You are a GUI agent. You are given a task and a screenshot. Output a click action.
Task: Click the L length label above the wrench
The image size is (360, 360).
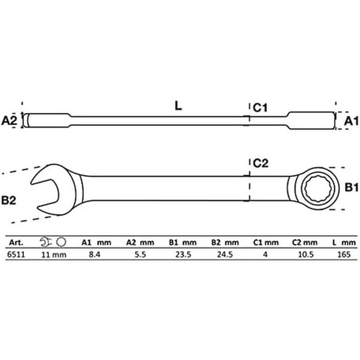pyautogui.click(x=178, y=106)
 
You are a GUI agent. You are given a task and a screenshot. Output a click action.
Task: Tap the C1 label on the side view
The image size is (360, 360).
pyautogui.click(x=260, y=108)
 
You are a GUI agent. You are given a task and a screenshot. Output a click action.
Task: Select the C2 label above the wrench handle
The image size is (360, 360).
pyautogui.click(x=260, y=163)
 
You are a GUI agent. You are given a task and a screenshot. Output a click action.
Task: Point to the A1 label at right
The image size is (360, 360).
pyautogui.click(x=351, y=121)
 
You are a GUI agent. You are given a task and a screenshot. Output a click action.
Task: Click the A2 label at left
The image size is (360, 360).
pyautogui.click(x=9, y=120)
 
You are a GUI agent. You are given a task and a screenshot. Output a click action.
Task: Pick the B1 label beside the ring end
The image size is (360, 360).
pyautogui.click(x=351, y=187)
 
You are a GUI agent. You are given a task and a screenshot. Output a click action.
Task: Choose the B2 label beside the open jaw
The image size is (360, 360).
pyautogui.click(x=9, y=200)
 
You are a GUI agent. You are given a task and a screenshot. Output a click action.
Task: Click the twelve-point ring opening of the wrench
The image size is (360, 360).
pyautogui.click(x=319, y=189)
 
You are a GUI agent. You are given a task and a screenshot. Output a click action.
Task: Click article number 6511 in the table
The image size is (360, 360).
pyautogui.click(x=16, y=254)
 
